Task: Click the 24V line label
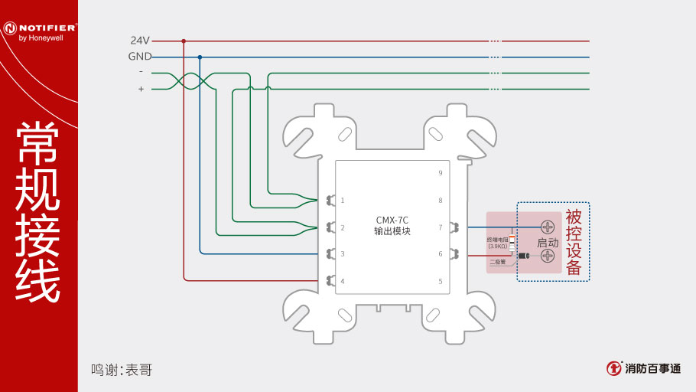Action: (140, 40)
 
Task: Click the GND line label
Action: (139, 57)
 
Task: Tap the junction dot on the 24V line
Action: (184, 41)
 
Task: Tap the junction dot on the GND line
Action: (200, 57)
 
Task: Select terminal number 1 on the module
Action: (343, 201)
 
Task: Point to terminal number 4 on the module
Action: (343, 281)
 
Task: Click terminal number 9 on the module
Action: (440, 174)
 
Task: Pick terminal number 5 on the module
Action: (440, 281)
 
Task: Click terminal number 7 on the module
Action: (440, 227)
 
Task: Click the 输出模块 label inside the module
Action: (392, 230)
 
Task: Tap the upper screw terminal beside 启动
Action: (548, 227)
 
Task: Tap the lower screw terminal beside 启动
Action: (548, 256)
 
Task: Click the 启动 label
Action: (548, 242)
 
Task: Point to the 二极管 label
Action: (498, 262)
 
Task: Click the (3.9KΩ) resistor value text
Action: (498, 247)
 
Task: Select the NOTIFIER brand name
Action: (44, 28)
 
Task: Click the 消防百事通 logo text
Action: (652, 369)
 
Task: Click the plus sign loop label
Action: (141, 90)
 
